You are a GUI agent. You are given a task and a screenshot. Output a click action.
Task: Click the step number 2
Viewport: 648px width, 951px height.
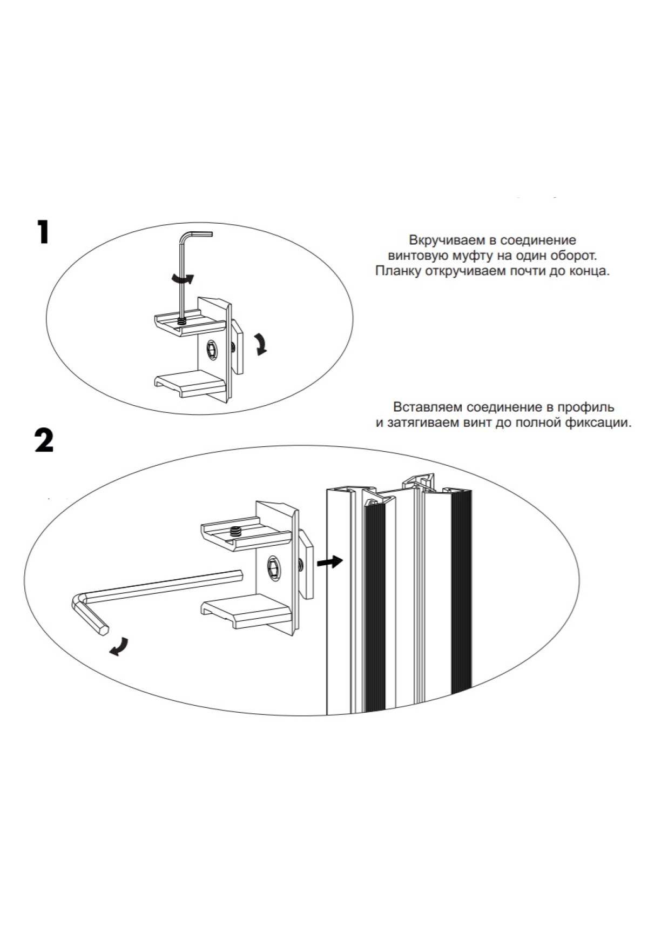(x=44, y=440)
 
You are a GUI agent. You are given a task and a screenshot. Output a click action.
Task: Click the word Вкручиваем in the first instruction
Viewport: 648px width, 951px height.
(x=440, y=240)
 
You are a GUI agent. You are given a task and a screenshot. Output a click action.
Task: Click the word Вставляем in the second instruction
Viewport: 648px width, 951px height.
(x=428, y=406)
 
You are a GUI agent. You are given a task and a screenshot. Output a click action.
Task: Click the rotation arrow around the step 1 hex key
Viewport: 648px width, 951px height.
(x=181, y=278)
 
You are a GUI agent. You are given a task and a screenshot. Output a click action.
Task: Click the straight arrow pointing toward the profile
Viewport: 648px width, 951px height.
(x=329, y=562)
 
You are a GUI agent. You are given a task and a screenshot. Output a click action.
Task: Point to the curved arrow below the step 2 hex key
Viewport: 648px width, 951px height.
(x=119, y=646)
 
